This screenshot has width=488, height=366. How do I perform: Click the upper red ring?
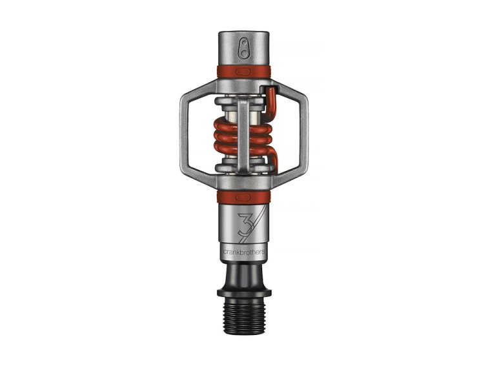click(244, 71)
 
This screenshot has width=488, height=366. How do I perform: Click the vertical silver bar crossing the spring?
click(243, 129)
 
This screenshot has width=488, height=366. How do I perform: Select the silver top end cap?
click(244, 45)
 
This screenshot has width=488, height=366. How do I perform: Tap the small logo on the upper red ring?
click(244, 70)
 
